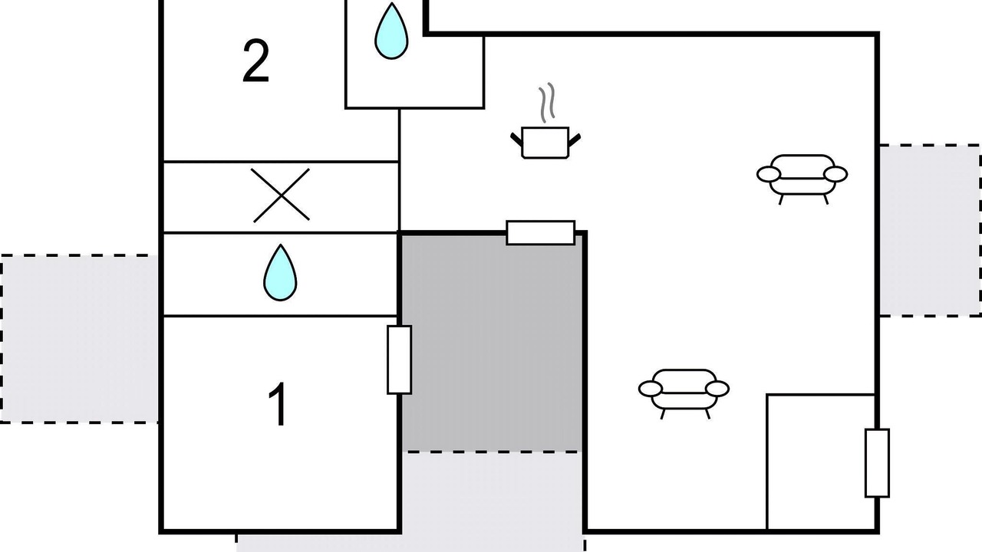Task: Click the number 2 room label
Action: click(x=256, y=63)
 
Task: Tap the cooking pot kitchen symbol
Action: click(x=545, y=143)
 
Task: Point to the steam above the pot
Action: click(x=545, y=104)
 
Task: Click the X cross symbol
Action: click(x=282, y=195)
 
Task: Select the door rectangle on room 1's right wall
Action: click(x=399, y=360)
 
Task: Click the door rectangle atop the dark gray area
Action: click(x=541, y=232)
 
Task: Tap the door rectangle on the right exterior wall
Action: click(x=878, y=463)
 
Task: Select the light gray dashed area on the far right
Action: click(x=930, y=230)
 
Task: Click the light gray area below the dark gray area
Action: click(x=491, y=498)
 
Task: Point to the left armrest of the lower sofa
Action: click(x=649, y=389)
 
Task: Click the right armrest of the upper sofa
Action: click(x=836, y=174)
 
